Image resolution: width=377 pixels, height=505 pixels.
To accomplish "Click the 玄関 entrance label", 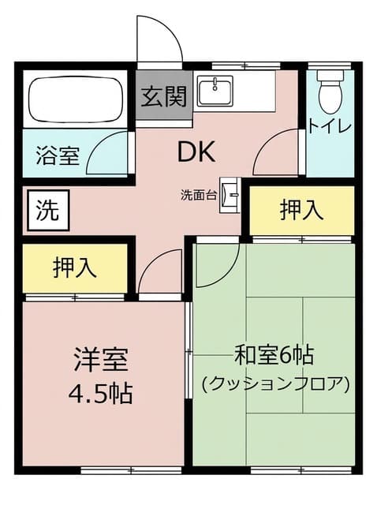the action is point(164,96).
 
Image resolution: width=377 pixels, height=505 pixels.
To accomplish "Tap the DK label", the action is point(196,152).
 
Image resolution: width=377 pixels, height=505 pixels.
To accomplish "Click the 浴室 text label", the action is point(58,155).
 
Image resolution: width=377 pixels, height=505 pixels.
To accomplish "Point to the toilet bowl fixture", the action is point(330,92).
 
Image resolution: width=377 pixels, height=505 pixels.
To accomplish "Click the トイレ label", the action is point(329,126).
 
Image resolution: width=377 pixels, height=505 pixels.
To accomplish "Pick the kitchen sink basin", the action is point(215,92).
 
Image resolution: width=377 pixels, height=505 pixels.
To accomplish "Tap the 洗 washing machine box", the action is point(48,211).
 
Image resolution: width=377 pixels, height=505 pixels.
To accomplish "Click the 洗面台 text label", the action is point(198,196).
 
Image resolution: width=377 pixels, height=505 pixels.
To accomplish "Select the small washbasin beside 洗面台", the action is point(230,195).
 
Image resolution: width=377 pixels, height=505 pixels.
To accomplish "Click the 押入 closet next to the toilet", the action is point(302,211).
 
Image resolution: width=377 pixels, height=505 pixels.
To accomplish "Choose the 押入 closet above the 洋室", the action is point(75,268).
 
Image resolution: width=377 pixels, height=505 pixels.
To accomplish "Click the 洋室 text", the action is point(101,360).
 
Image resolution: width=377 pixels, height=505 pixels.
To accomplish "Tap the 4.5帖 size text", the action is point(101,394).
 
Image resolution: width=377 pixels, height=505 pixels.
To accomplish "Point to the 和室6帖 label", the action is point(274,355).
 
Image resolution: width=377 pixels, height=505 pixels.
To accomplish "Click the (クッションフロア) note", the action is point(275,384).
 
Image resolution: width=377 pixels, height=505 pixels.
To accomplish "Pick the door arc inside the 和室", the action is point(230,274).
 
